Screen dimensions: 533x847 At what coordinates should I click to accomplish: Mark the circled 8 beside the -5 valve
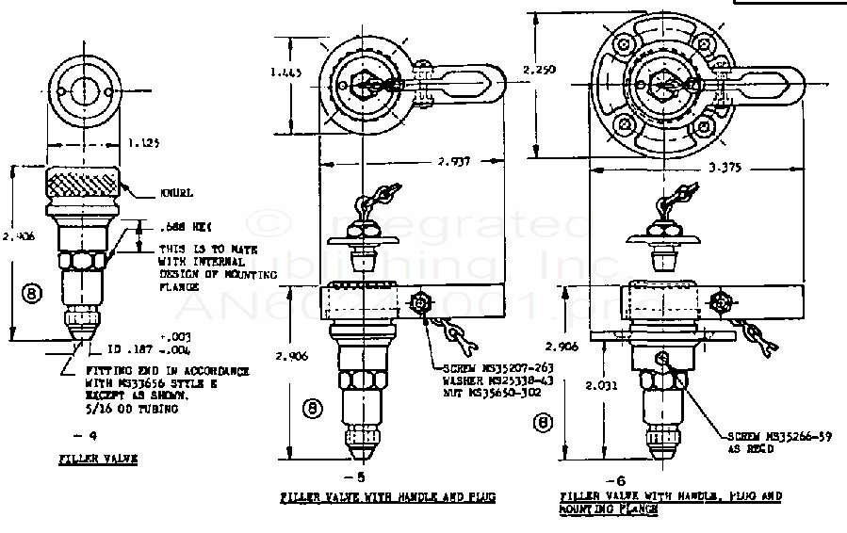pyautogui.click(x=312, y=408)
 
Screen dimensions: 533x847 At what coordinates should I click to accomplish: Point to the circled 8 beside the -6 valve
pyautogui.click(x=543, y=423)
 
